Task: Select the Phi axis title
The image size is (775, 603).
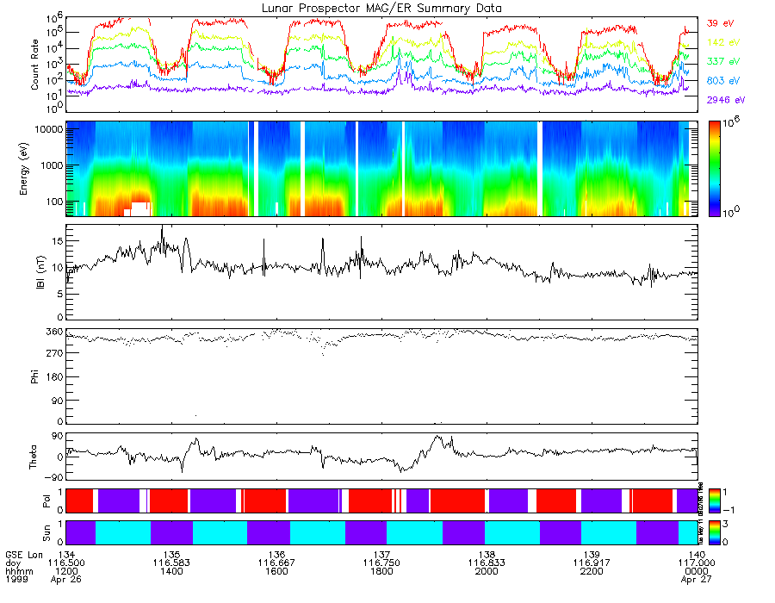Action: click(x=35, y=376)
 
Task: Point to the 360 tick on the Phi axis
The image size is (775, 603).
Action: click(x=54, y=332)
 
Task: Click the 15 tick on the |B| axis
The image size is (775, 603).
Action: click(x=57, y=242)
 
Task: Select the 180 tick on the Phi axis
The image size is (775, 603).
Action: click(x=54, y=377)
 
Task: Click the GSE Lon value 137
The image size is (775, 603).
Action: click(x=381, y=554)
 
